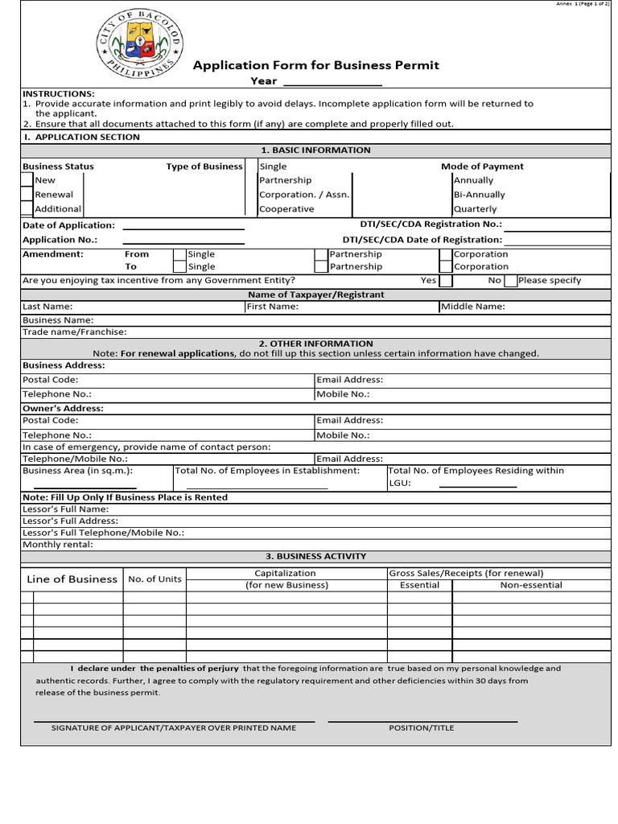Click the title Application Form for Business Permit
tap(315, 65)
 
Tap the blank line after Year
tap(332, 81)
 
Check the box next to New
tap(27, 180)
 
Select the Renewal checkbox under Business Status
tap(27, 195)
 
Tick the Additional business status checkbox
tap(27, 208)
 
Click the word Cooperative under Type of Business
tap(286, 209)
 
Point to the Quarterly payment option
tap(475, 209)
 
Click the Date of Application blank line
tap(183, 226)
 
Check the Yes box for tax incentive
tap(446, 281)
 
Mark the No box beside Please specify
tap(511, 281)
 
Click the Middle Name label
tap(473, 307)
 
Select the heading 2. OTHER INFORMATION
tap(315, 344)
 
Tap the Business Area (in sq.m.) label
tap(77, 471)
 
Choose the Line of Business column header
tap(72, 579)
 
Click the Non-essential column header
tap(531, 585)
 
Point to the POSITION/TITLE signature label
tap(422, 727)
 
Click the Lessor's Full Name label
tap(65, 509)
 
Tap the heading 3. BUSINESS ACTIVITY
tap(315, 556)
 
